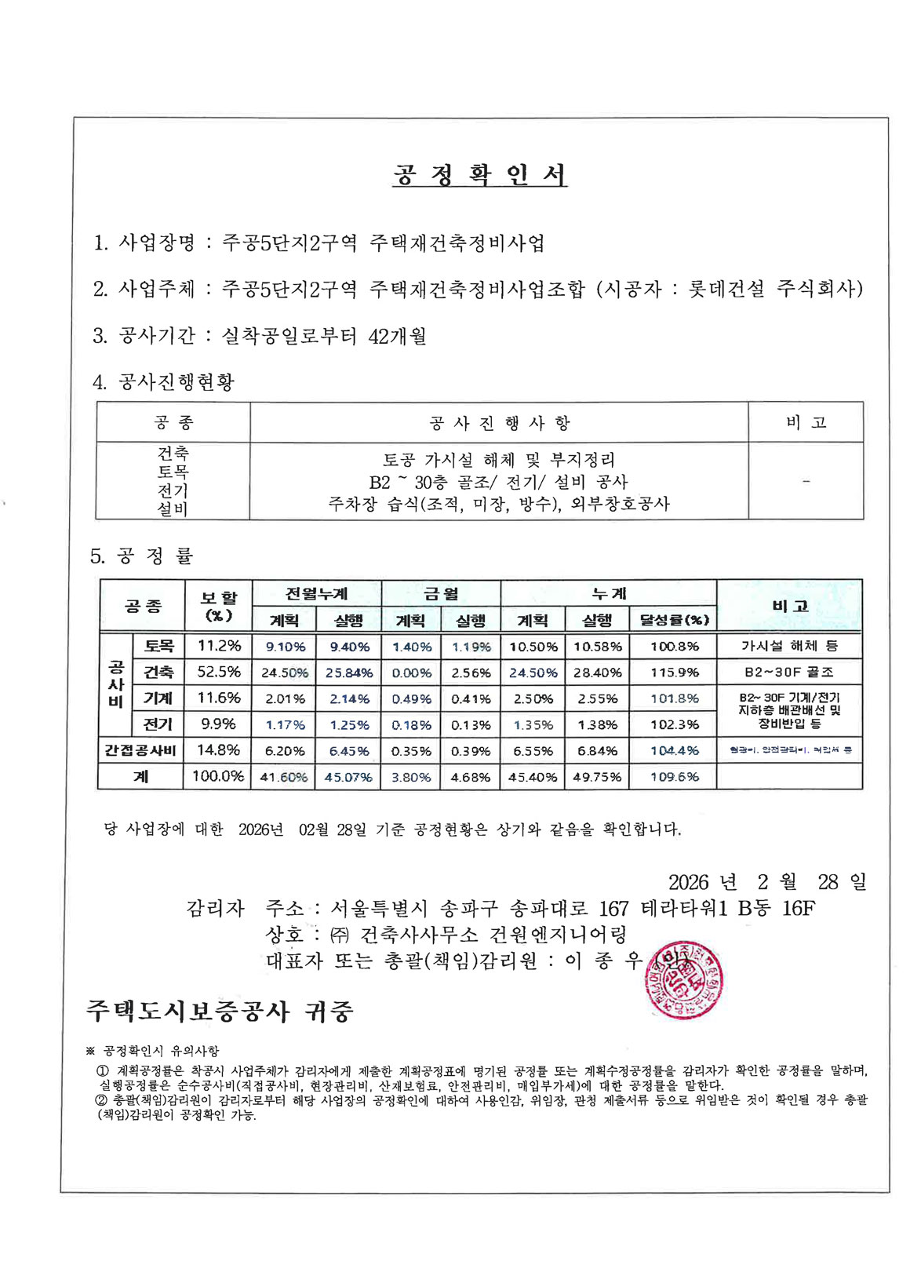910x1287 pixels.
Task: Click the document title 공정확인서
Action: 479,174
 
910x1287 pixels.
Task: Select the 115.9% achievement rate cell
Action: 674,673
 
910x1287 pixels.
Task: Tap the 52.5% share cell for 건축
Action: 219,672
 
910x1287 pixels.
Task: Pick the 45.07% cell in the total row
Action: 348,777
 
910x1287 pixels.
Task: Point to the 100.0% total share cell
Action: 219,776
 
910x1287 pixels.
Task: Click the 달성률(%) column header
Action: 674,620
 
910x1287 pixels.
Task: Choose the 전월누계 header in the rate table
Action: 316,594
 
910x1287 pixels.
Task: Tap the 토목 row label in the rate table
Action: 158,646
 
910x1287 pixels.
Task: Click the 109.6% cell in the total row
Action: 674,777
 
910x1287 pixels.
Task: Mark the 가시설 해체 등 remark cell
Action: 789,646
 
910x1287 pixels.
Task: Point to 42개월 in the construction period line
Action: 397,336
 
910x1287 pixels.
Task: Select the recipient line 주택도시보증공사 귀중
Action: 220,1011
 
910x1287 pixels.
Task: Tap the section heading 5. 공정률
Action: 142,556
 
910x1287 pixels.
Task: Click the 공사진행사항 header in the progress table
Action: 499,423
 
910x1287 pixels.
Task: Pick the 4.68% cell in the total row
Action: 471,777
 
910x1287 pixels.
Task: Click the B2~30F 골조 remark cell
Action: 789,673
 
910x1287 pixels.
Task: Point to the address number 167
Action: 613,909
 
